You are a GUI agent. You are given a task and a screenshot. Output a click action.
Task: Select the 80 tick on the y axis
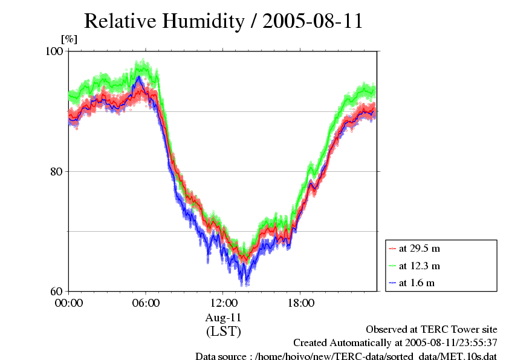pos(58,171)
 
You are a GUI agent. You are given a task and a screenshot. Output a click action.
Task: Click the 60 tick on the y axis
pos(58,290)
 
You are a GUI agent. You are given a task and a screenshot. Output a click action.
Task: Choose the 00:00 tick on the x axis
pos(69,303)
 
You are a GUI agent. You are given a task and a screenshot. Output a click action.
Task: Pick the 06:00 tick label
pos(146,303)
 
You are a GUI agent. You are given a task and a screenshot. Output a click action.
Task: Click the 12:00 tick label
pos(224,303)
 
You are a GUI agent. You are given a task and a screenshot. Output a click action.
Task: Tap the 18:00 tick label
pos(301,303)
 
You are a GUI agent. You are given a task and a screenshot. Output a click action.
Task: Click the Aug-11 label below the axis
pos(224,318)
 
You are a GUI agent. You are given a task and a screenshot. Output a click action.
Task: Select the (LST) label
pos(224,332)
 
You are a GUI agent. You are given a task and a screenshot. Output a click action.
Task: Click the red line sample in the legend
pos(392,249)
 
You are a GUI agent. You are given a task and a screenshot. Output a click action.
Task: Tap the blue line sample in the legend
pos(392,283)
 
